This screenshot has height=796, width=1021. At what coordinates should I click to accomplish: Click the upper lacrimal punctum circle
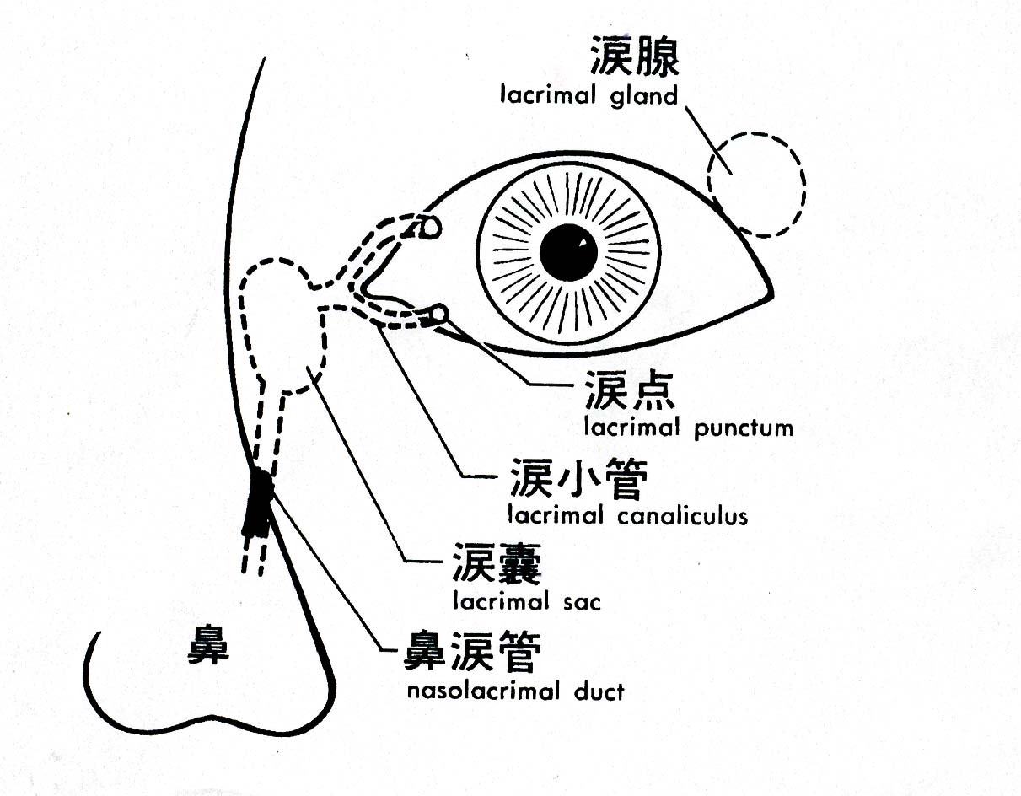tap(430, 227)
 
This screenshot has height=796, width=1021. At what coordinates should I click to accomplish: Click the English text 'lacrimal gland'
tap(588, 95)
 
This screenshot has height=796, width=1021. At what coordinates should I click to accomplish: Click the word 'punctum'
tap(744, 428)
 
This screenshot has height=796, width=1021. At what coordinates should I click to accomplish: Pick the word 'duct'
tap(597, 691)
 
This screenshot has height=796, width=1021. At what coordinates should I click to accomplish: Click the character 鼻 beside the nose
tap(207, 647)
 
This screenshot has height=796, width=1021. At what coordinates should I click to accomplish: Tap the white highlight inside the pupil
tap(581, 245)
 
